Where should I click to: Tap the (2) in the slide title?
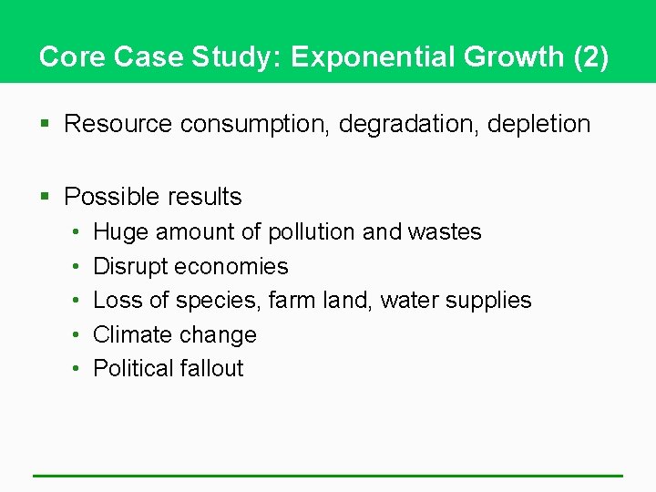click(591, 57)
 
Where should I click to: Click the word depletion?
click(539, 124)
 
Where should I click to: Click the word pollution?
click(311, 232)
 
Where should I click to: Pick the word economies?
click(231, 267)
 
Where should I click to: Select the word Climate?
click(130, 334)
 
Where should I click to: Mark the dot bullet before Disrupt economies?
click(74, 267)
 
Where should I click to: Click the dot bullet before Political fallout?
click(74, 368)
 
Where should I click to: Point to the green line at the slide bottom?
click(328, 475)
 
